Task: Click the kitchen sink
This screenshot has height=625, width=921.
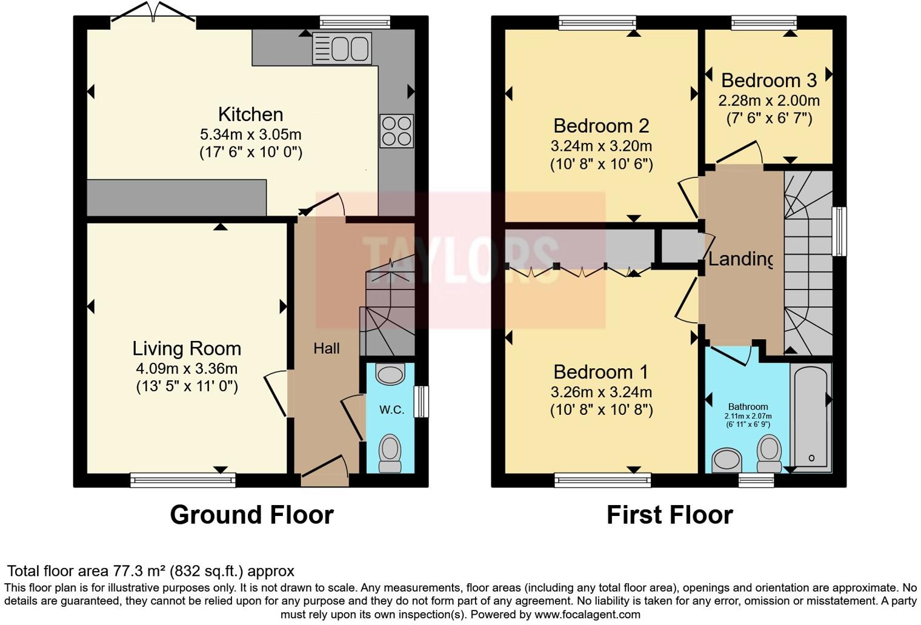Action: [x=342, y=48]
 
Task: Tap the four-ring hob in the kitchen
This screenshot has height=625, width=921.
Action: [x=397, y=131]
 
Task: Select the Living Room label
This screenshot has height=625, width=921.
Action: [x=187, y=348]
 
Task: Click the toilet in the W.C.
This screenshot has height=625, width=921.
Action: [x=390, y=453]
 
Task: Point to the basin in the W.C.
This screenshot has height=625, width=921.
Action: [x=390, y=374]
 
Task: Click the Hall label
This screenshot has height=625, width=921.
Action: [x=327, y=348]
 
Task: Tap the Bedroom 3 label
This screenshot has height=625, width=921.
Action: [x=768, y=80]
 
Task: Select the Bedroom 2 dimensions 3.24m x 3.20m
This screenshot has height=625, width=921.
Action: [x=601, y=146]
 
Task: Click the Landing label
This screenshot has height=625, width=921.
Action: [x=740, y=259]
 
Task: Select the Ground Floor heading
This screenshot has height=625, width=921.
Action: [x=251, y=515]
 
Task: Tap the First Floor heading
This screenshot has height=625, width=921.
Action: [x=670, y=515]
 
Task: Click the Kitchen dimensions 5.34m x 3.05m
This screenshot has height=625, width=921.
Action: [x=250, y=134]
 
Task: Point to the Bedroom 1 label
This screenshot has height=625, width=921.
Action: [x=601, y=371]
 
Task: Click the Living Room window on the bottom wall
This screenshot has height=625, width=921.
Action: [x=183, y=480]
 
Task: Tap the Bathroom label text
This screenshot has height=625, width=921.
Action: [x=748, y=407]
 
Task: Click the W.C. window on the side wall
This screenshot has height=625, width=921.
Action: [x=421, y=402]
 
